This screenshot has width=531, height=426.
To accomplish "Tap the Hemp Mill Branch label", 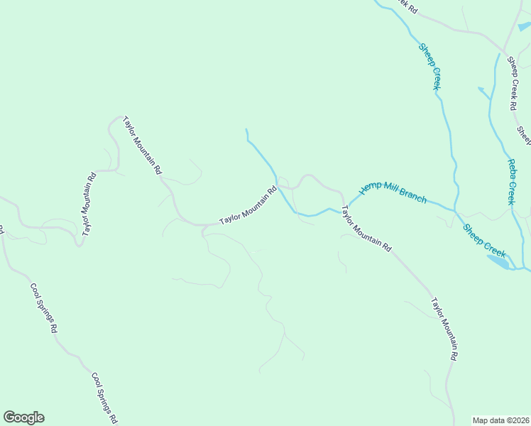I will (393, 192).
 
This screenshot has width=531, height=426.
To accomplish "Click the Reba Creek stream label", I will (510, 181).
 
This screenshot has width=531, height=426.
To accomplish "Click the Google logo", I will (23, 417).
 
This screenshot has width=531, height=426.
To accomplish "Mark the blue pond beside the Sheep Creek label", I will (498, 261).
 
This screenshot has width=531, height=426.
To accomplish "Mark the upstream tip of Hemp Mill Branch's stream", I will (246, 130).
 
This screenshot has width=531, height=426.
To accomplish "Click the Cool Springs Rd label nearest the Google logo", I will (104, 398).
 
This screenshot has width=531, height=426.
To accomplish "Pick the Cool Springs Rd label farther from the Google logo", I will (43, 308).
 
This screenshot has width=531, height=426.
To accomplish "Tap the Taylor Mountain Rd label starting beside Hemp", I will (366, 229).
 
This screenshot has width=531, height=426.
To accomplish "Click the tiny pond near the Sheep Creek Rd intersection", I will (524, 27).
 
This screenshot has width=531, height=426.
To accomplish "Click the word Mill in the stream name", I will (389, 190).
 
